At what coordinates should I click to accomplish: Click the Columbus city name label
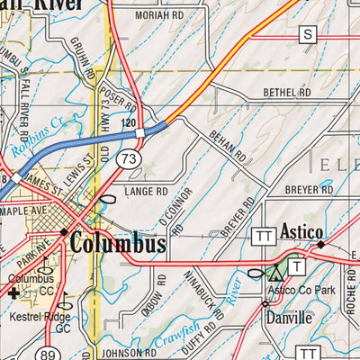coord(117,244)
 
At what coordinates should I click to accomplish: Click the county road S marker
coord(310,34)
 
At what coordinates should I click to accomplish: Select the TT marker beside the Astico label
coord(264,234)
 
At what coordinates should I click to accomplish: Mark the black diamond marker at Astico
coord(320,244)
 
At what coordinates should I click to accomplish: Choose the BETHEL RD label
coord(286,93)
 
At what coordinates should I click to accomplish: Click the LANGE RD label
coord(147,192)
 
